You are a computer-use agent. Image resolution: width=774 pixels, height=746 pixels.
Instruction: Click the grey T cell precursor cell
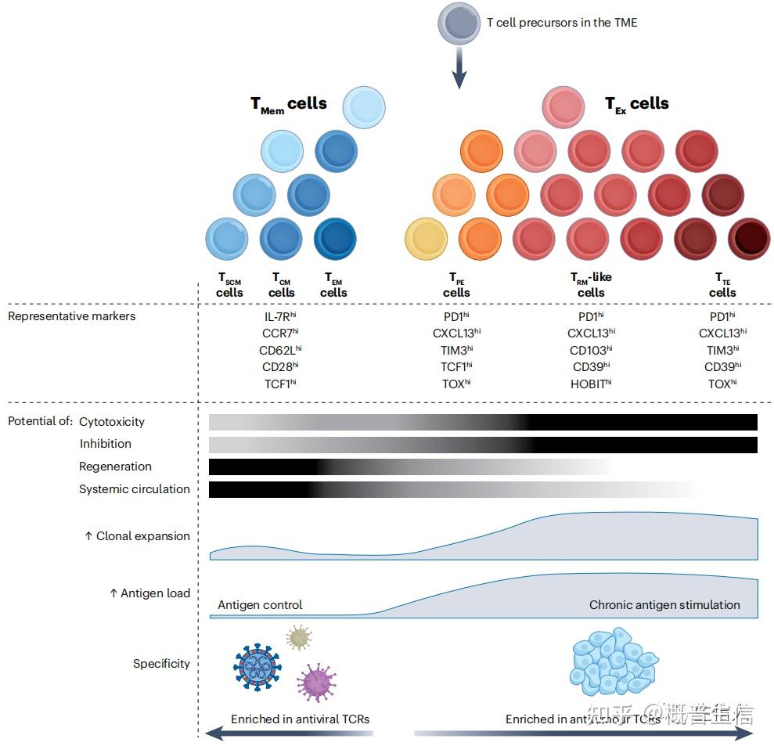[x=459, y=24]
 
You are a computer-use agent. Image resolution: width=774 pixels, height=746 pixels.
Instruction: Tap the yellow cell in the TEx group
[x=427, y=239]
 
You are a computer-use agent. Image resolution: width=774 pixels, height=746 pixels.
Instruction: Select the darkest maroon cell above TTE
[x=749, y=239]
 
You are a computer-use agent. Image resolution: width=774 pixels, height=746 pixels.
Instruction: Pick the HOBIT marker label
[x=591, y=383]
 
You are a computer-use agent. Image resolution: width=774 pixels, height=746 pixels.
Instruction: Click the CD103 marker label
[x=591, y=350]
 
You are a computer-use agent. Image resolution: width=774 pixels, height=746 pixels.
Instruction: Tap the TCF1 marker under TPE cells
[x=457, y=366]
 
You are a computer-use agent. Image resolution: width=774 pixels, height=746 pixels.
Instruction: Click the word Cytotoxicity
[x=112, y=422]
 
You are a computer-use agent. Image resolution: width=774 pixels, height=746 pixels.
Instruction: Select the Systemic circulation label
[x=135, y=489]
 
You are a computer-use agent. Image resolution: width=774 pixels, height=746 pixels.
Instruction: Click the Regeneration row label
[x=115, y=467]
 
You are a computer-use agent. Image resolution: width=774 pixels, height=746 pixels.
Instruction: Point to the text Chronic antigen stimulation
[x=664, y=605]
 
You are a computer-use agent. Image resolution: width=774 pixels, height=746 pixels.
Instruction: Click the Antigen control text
[x=260, y=605]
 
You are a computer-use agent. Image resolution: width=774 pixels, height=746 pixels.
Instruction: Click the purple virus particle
[x=318, y=681]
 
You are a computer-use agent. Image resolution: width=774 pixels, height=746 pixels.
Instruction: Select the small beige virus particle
[x=298, y=637]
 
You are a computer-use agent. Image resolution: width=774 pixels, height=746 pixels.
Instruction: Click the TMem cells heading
[x=288, y=105]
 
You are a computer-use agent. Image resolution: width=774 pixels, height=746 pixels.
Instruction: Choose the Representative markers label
[x=72, y=316]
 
